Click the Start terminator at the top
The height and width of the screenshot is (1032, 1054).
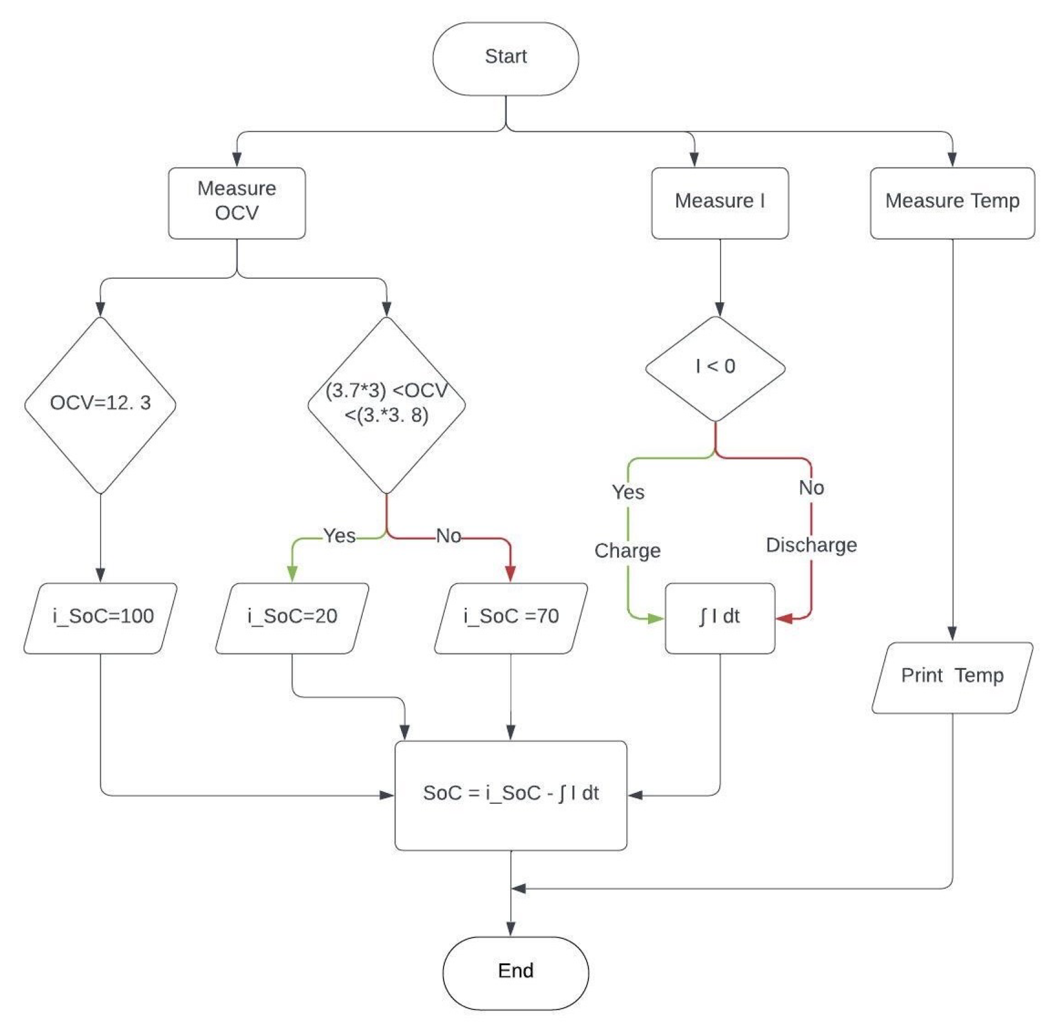(x=505, y=58)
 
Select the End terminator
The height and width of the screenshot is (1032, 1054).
(x=515, y=972)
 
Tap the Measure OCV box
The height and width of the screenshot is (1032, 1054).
(x=237, y=203)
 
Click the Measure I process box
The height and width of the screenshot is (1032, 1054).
(x=719, y=203)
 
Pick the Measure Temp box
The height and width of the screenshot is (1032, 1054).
(x=952, y=203)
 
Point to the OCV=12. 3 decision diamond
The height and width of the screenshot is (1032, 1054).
(x=100, y=404)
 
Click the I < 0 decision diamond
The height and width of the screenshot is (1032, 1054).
(x=715, y=368)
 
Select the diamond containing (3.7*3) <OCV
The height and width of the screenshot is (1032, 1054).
(x=386, y=404)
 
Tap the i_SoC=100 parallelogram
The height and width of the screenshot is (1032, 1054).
(x=101, y=618)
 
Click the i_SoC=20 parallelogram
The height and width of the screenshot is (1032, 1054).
(x=292, y=618)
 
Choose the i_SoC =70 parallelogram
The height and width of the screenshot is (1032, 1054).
(x=511, y=618)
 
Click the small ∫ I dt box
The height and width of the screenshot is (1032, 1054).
(x=719, y=618)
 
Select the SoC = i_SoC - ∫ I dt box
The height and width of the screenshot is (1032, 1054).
(x=511, y=794)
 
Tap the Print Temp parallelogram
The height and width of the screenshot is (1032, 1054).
(x=952, y=677)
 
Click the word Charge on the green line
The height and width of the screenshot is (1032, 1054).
(x=627, y=551)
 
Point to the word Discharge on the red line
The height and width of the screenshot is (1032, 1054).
(x=811, y=545)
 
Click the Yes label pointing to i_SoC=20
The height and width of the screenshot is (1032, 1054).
(x=339, y=536)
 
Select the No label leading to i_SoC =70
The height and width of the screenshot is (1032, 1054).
(x=448, y=536)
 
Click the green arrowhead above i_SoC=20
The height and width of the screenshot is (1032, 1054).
(x=292, y=573)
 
